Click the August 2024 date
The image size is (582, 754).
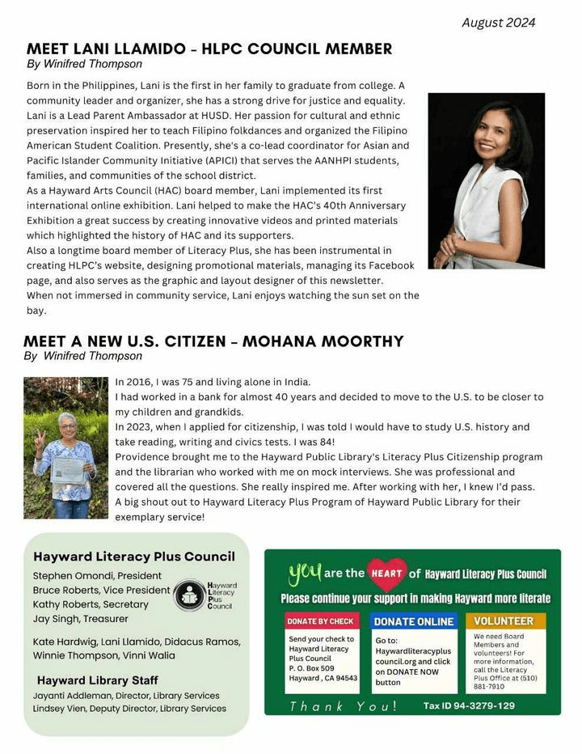coord(498,23)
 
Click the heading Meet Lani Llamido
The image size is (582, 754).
coord(209,49)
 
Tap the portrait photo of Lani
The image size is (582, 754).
coord(486,180)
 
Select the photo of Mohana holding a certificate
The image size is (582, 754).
coord(65,447)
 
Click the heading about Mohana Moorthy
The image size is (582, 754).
coord(213,341)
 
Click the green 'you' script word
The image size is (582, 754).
coord(305,572)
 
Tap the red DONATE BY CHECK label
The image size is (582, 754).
coord(320,621)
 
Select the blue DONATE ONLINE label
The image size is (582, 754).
coord(413,621)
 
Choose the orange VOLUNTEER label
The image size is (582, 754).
coord(504,621)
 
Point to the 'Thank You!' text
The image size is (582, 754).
coord(343,706)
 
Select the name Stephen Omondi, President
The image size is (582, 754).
coord(97,576)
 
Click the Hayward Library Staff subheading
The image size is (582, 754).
coord(97,680)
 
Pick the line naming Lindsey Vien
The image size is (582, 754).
coord(129,709)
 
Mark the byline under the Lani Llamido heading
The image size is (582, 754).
coord(84,64)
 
